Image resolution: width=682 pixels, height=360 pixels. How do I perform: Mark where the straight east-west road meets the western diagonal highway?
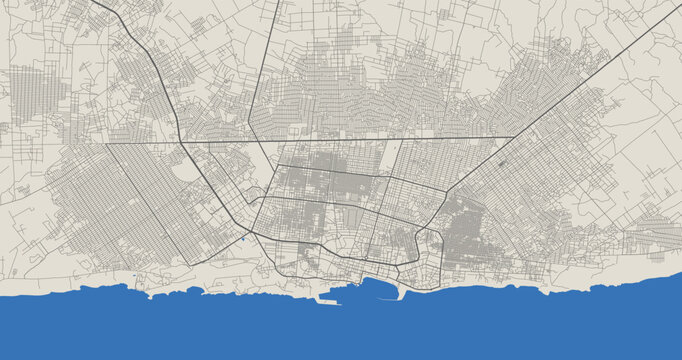[x=180, y=143]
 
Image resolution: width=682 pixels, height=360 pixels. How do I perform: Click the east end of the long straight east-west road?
[x=512, y=137]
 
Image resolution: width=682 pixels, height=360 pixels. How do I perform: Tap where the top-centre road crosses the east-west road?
[x=264, y=141]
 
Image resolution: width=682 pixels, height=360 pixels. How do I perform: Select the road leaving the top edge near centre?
[x=277, y=3]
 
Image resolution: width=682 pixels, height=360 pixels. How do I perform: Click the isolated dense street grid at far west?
[x=30, y=95]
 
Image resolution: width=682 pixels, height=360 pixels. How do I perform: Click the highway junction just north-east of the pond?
[x=253, y=232]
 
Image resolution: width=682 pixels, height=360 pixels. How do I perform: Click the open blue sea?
[x=340, y=330]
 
